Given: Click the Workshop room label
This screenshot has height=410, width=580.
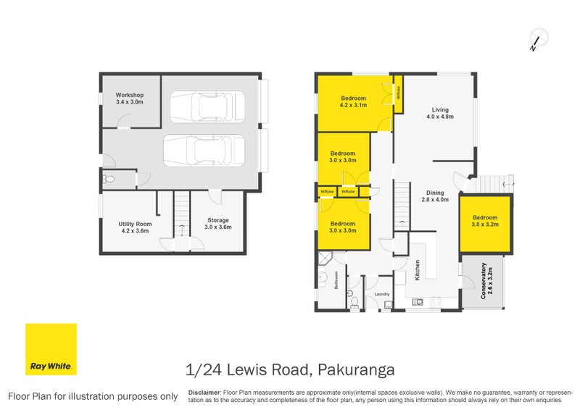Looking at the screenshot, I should click(x=130, y=99).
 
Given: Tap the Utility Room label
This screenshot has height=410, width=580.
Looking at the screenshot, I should click(x=133, y=227).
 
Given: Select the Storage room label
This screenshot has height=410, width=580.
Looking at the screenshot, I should click(x=217, y=224).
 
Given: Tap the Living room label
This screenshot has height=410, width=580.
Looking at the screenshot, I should click(x=439, y=112).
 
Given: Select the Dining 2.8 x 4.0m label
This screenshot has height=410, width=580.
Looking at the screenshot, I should click(x=436, y=196).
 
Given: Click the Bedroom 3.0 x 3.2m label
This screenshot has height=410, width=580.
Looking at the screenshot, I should click(x=484, y=221).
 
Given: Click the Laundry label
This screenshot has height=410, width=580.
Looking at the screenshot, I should click(x=381, y=294).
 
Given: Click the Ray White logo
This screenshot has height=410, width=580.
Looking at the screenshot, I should click(x=51, y=349).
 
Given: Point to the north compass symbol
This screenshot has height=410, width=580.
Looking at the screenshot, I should click(x=536, y=40).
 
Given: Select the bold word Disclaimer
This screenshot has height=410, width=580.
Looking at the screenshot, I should click(x=204, y=391).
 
